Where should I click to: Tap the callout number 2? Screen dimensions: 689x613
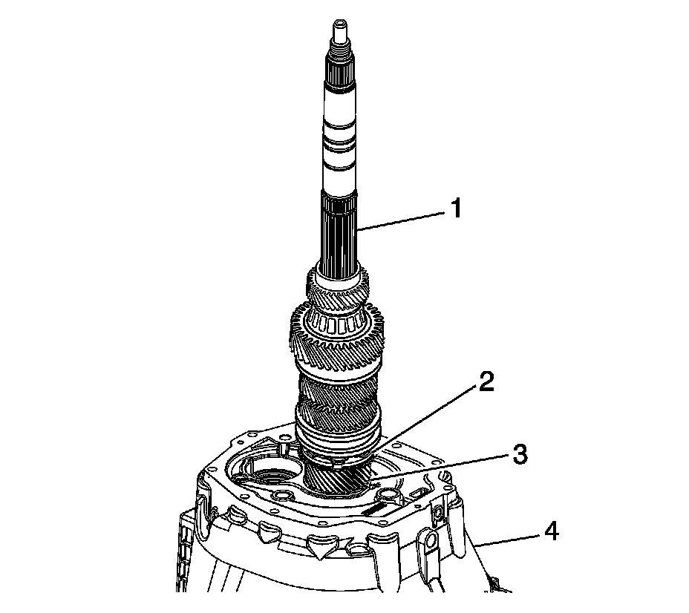point(486,383)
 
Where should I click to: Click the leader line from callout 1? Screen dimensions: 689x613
point(401,220)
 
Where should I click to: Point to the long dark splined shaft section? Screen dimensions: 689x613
point(341,230)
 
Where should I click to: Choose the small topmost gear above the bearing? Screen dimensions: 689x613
point(338,293)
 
